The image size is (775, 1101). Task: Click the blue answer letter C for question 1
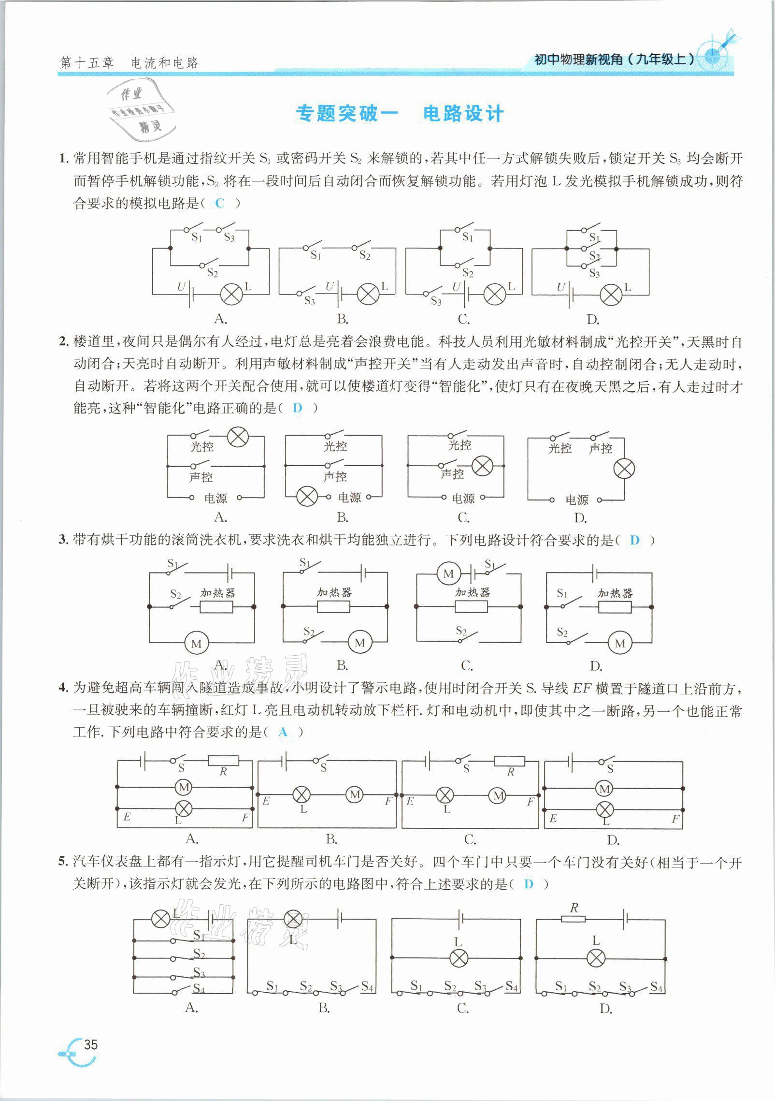220,204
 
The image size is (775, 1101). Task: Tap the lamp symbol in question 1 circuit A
231,294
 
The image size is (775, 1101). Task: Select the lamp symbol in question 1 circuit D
611,294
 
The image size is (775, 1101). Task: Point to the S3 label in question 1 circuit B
310,301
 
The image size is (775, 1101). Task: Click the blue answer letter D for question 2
297,408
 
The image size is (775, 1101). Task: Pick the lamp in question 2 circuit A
238,437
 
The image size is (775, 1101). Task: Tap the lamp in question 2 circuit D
624,468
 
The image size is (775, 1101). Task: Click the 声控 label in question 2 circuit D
601,448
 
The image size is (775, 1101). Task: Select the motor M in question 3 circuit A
196,643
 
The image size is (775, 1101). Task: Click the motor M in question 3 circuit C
448,574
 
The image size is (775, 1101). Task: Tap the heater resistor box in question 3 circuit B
334,606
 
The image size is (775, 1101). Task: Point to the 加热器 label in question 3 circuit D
615,592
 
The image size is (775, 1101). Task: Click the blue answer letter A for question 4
283,732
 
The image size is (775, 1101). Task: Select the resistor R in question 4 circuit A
223,761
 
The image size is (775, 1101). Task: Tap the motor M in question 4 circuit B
355,794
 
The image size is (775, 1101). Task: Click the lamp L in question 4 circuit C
445,794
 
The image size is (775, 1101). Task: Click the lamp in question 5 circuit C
458,958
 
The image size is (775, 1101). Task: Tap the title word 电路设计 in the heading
463,114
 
